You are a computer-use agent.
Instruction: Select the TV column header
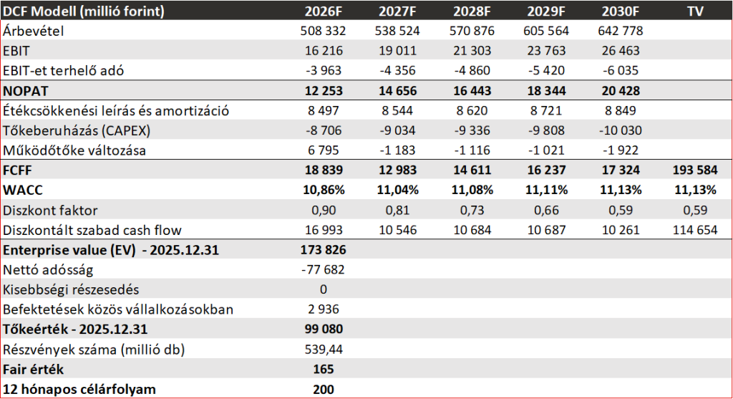point(694,11)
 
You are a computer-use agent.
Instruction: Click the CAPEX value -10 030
point(618,131)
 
